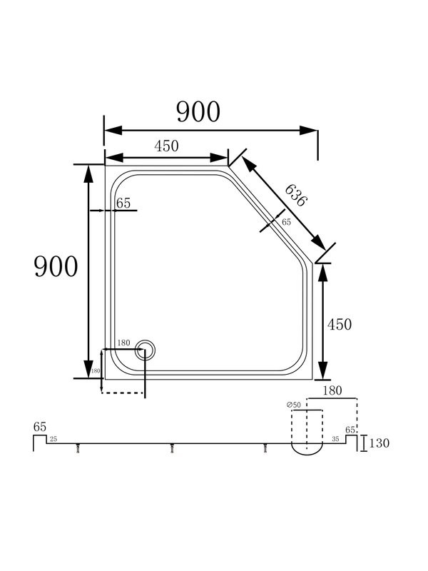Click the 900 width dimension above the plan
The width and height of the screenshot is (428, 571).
click(198, 112)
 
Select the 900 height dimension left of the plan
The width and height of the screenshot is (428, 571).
click(56, 266)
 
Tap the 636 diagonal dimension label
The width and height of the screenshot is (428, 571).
click(296, 196)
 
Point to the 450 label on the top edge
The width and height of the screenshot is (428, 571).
click(166, 146)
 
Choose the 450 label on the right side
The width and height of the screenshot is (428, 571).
click(340, 325)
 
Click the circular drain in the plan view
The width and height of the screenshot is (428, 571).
click(146, 350)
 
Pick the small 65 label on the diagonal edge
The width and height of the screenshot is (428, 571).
click(287, 222)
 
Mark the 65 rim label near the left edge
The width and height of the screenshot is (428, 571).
click(123, 203)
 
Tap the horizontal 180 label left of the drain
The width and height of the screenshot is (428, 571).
click(123, 343)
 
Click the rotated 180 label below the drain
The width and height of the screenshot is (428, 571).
click(96, 370)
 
